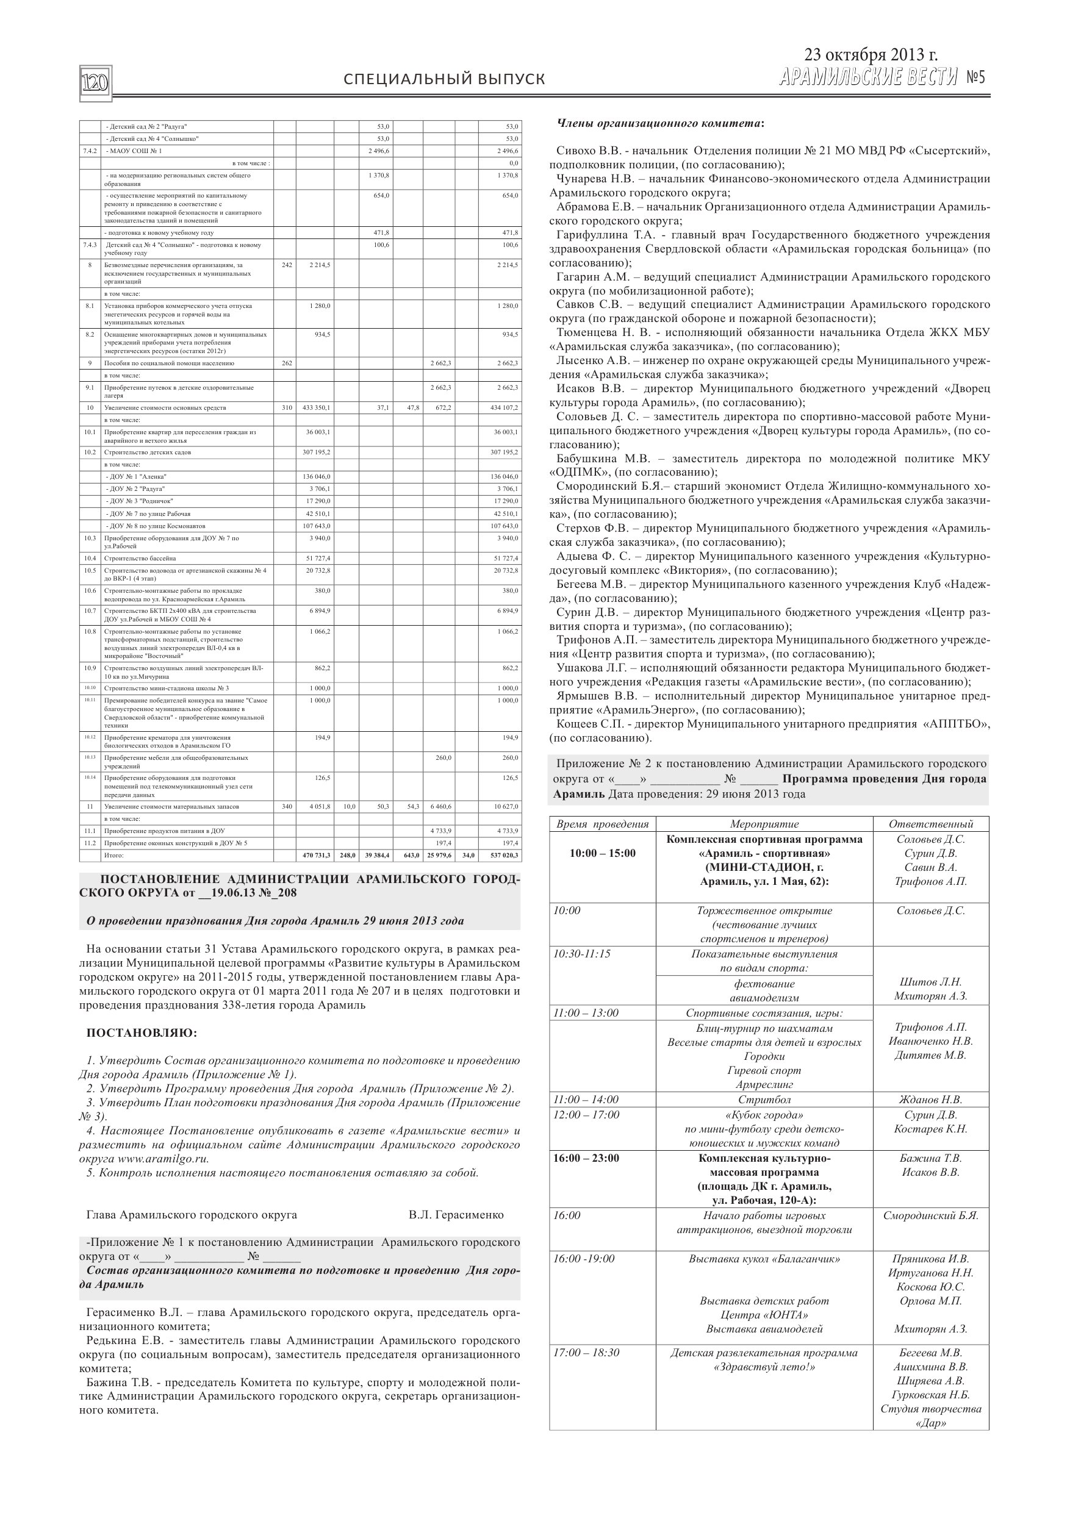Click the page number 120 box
(x=96, y=83)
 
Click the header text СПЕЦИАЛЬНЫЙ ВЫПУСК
(x=444, y=80)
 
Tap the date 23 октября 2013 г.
(x=871, y=55)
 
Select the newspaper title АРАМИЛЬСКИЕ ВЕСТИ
(x=867, y=78)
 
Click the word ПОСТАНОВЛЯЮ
(x=142, y=1032)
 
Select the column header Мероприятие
(x=764, y=824)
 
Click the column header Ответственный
(x=930, y=824)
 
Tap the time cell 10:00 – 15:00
(x=603, y=853)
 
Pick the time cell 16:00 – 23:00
(x=586, y=1159)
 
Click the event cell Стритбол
(x=764, y=1099)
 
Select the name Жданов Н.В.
(x=930, y=1099)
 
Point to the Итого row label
(x=114, y=856)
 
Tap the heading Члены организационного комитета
(x=661, y=123)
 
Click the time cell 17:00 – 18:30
(x=586, y=1353)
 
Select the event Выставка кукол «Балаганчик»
(x=764, y=1259)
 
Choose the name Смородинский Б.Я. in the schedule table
(x=930, y=1216)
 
